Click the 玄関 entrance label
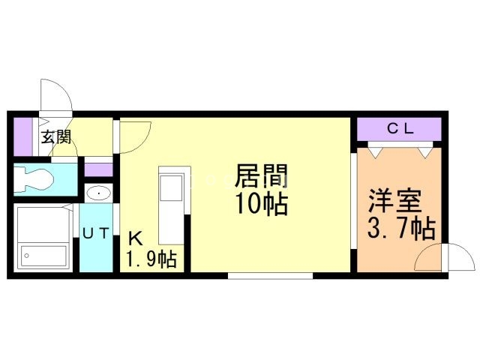click(x=56, y=136)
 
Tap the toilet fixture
click(x=34, y=178)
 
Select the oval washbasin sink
click(x=98, y=193)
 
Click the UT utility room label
click(x=96, y=233)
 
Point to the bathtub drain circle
click(x=27, y=256)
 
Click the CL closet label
click(x=400, y=129)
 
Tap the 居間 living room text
click(x=261, y=176)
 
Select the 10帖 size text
click(x=262, y=203)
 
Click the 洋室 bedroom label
click(x=394, y=200)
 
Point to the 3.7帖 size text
click(x=401, y=228)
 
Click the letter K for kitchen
click(x=135, y=238)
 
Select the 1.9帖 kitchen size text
click(x=151, y=259)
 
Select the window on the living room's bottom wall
click(x=270, y=275)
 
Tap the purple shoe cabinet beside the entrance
click(x=23, y=136)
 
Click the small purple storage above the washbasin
click(x=98, y=170)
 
